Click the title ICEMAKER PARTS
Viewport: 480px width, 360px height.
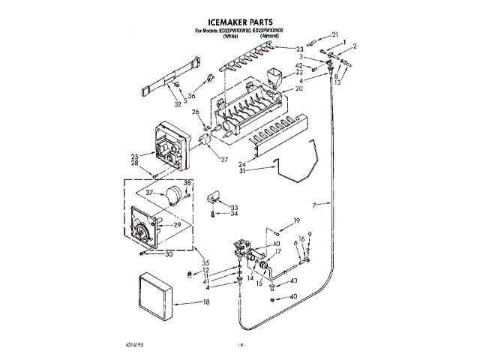239,23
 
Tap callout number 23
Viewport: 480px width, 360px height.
299,49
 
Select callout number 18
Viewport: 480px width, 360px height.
205,303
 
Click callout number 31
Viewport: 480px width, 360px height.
242,171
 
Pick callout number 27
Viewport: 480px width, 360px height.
223,158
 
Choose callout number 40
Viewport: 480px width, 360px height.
293,297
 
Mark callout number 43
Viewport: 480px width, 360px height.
293,280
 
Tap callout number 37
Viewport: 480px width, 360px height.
150,193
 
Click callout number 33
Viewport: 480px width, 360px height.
235,206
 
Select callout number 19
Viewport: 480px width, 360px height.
296,220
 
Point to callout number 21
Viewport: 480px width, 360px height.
334,34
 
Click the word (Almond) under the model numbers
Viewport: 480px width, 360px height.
271,36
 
